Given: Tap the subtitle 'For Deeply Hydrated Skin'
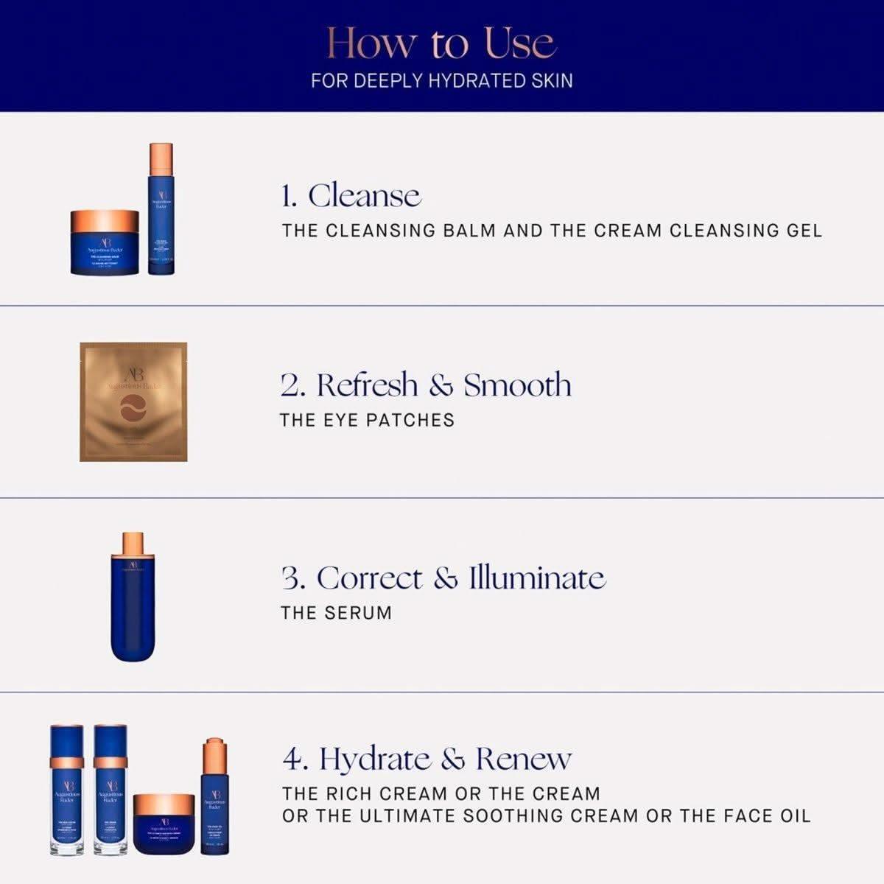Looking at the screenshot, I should pos(441,80).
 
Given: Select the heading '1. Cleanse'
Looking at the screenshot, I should pos(351,196).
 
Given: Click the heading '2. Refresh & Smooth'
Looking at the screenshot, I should pos(426,385).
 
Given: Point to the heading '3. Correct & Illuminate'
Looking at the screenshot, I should pos(443,578).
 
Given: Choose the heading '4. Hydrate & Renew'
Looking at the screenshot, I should pos(427,759).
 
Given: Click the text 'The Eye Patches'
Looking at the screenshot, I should pos(367,421).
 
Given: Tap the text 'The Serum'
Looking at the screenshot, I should pos(336,613).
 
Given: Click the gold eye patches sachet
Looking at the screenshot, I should pos(133,402).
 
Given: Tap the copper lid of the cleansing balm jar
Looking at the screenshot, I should pos(105,221).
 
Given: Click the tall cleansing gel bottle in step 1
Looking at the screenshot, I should pos(161,214).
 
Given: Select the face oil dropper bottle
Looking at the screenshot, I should pos(215,799).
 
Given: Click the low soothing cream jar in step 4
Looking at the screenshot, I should pos(164,824).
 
